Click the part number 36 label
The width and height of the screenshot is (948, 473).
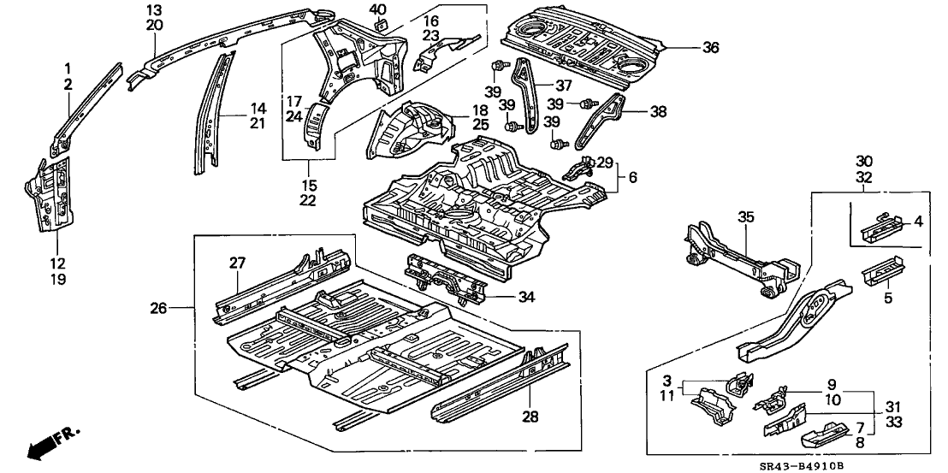710,49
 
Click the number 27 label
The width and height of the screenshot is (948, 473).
237,264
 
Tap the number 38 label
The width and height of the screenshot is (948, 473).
658,110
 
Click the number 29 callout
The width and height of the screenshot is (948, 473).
604,163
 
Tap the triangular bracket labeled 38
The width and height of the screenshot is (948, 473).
608,119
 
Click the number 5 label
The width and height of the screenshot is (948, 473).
887,299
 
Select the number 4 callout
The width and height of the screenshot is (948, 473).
918,222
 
